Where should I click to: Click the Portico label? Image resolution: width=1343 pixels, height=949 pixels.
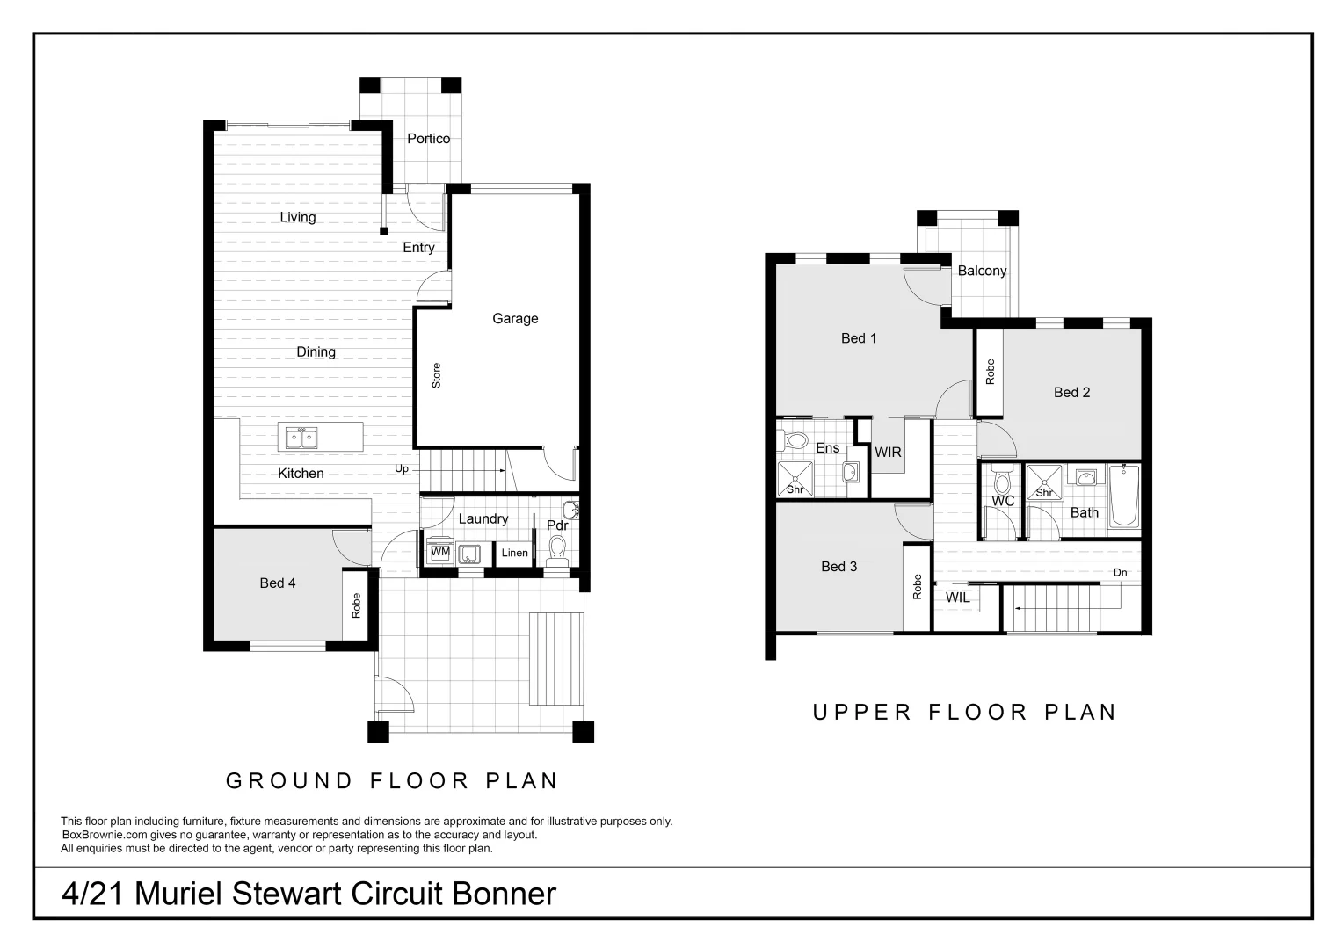pyautogui.click(x=428, y=139)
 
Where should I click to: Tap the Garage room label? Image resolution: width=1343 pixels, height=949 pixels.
pyautogui.click(x=515, y=319)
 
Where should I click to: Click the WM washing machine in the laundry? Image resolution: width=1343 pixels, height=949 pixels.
pyautogui.click(x=439, y=553)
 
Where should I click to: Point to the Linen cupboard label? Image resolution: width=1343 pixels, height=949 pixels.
pyautogui.click(x=514, y=554)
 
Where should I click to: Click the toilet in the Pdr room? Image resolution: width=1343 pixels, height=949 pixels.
pyautogui.click(x=556, y=549)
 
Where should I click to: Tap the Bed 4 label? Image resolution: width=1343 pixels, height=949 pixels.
pyautogui.click(x=278, y=583)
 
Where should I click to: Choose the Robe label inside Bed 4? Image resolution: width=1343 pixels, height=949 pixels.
pyautogui.click(x=356, y=605)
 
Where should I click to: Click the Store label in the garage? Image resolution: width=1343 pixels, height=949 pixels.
pyautogui.click(x=437, y=376)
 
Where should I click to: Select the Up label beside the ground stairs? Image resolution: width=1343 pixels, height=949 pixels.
pyautogui.click(x=402, y=469)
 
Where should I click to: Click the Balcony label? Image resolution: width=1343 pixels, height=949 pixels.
pyautogui.click(x=982, y=271)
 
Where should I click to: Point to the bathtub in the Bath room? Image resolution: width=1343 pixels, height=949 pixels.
pyautogui.click(x=1123, y=496)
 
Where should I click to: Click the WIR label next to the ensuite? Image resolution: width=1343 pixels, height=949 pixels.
pyautogui.click(x=888, y=453)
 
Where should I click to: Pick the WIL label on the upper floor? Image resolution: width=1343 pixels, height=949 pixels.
pyautogui.click(x=958, y=598)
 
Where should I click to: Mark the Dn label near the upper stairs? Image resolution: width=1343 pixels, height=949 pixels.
pyautogui.click(x=1120, y=573)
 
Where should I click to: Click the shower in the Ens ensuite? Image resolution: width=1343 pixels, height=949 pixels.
pyautogui.click(x=795, y=480)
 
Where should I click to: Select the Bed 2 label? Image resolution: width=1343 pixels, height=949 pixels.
pyautogui.click(x=1071, y=393)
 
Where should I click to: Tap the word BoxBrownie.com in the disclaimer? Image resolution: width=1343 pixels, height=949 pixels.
pyautogui.click(x=98, y=836)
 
